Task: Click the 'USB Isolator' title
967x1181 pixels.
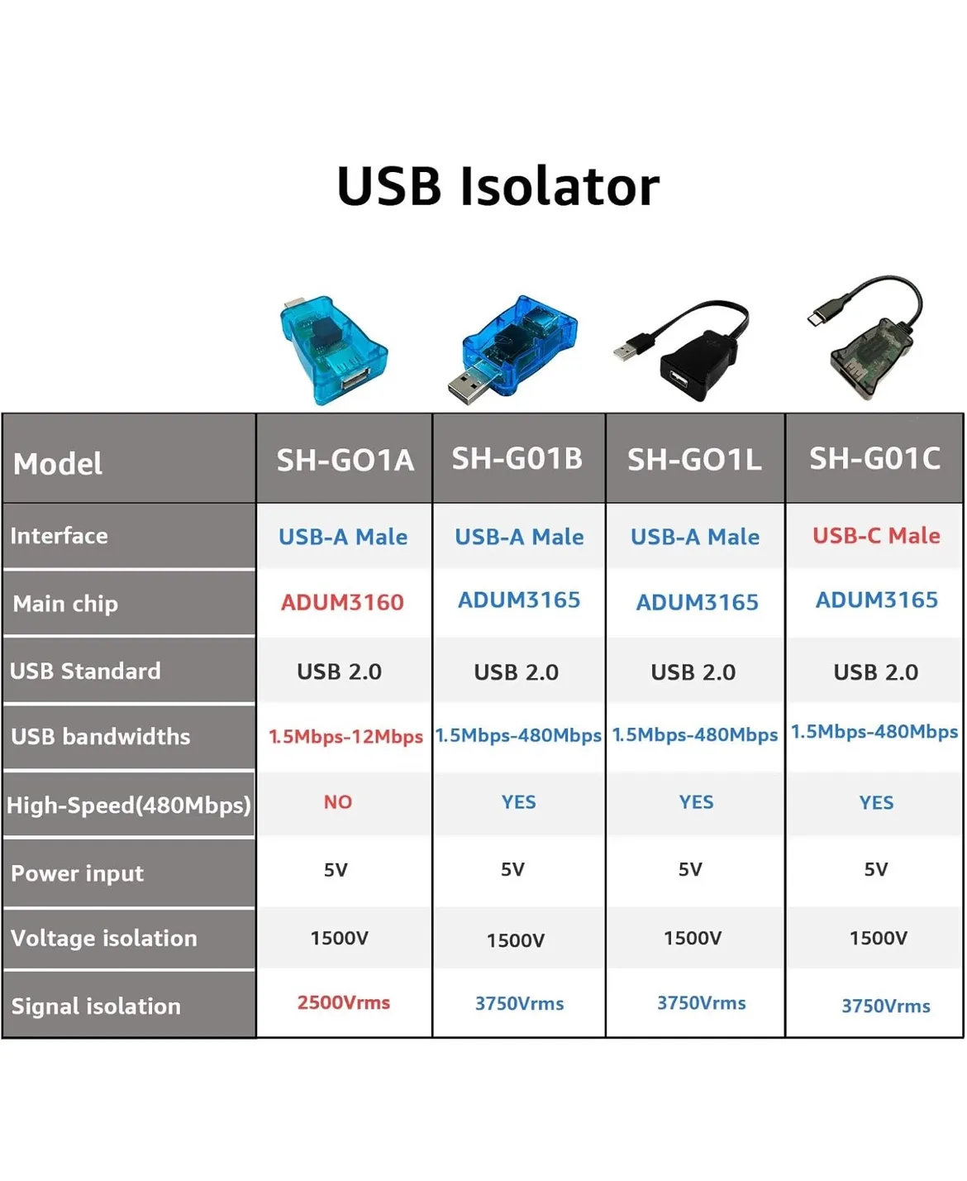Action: coord(498,186)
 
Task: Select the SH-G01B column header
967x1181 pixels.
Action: coord(517,459)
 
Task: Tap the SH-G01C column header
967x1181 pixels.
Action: coord(874,459)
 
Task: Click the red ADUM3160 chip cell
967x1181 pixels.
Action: coord(342,603)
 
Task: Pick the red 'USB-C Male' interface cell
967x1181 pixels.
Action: coord(876,536)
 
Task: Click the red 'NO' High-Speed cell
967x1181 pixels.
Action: coord(338,802)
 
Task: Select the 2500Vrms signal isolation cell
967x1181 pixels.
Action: coord(344,1002)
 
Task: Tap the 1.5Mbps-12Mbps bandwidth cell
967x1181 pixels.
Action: coord(345,736)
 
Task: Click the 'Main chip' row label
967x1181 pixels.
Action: coord(65,605)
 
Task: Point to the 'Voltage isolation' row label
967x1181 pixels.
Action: coord(104,938)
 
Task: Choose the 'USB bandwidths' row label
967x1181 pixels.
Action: coord(101,737)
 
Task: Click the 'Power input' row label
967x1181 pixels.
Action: coord(77,873)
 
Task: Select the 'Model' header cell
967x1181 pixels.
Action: coord(58,464)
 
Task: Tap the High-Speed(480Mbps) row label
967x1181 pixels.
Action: coord(129,806)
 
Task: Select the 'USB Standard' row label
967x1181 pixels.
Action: coord(86,671)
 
